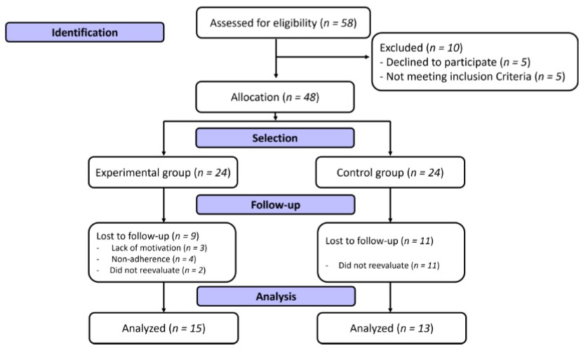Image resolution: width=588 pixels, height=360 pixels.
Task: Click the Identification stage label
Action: (84, 32)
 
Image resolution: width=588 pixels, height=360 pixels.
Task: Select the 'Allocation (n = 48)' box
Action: (274, 97)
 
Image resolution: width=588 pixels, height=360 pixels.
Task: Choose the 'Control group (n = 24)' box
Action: (390, 171)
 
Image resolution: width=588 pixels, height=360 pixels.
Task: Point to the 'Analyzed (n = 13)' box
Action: (390, 328)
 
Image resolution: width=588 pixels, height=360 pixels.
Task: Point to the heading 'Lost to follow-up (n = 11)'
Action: (380, 241)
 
